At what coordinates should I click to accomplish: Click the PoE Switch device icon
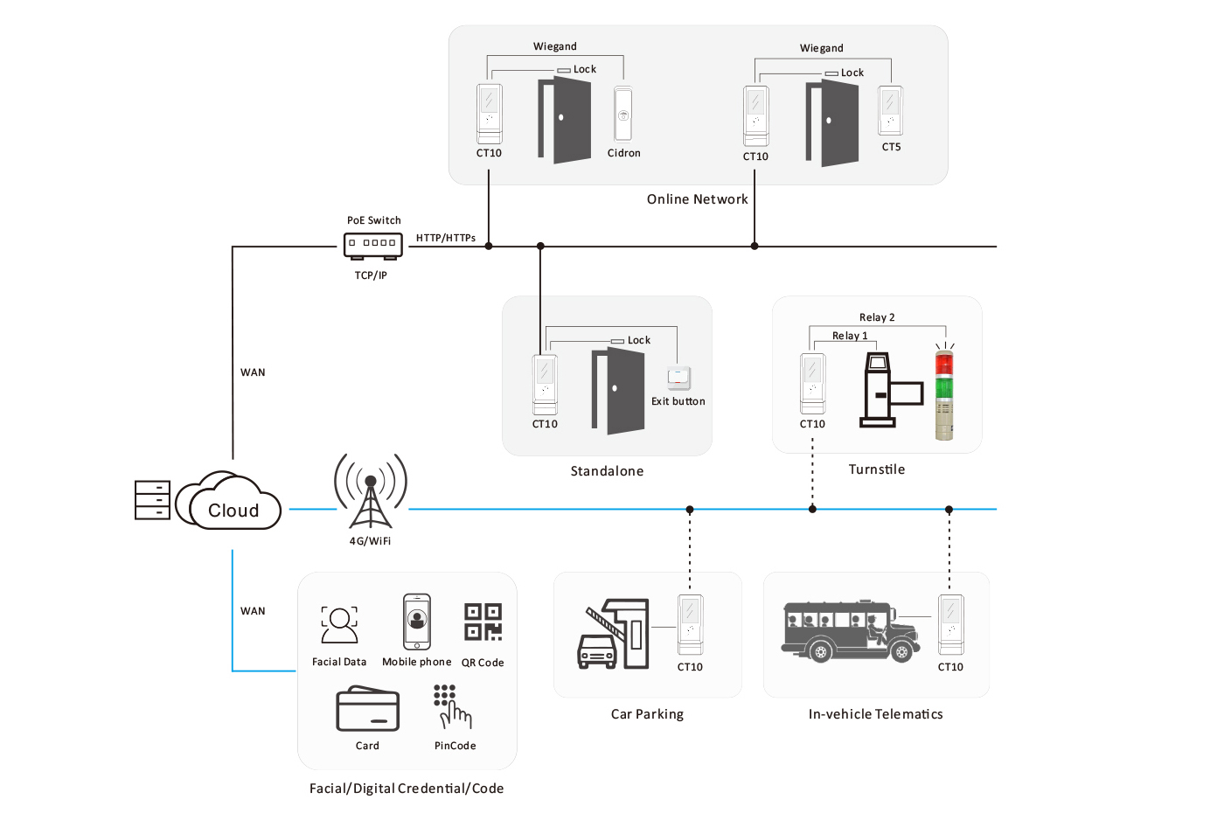[x=373, y=246]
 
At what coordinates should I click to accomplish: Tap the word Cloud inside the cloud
[x=233, y=511]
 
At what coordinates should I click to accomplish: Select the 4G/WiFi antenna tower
[x=371, y=491]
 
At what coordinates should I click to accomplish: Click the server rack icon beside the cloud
[x=152, y=500]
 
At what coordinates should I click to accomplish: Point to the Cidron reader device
[x=622, y=115]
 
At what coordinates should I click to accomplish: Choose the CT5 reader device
[x=890, y=111]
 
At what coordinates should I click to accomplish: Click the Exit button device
[x=678, y=378]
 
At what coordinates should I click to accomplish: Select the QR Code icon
[x=483, y=622]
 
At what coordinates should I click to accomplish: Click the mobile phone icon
[x=417, y=622]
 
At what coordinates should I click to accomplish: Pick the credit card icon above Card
[x=368, y=708]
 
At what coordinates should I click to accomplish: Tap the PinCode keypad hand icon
[x=453, y=707]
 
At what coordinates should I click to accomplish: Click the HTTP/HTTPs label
[x=446, y=238]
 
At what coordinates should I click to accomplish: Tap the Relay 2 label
[x=877, y=317]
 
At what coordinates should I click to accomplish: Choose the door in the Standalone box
[x=618, y=391]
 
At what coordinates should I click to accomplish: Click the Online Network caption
[x=698, y=199]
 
